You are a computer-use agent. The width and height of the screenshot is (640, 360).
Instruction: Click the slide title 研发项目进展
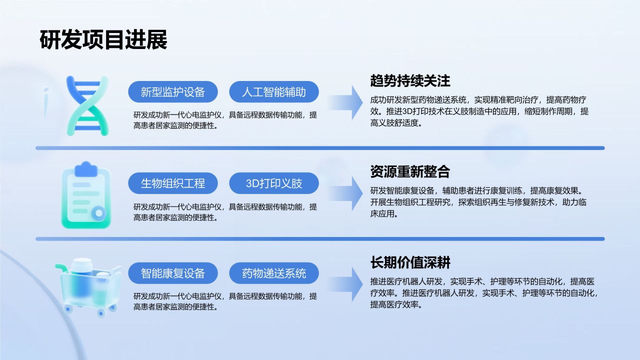103,40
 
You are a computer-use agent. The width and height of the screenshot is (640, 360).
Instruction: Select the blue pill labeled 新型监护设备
173,92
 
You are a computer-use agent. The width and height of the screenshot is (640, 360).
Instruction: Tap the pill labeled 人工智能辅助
274,92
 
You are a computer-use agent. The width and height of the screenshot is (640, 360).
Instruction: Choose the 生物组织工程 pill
173,183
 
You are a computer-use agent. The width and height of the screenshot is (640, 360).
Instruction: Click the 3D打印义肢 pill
274,183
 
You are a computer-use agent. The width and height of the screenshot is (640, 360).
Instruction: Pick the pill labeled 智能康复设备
173,273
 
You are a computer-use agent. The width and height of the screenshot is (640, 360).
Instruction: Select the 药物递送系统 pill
274,273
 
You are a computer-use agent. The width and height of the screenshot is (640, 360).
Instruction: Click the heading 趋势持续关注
410,80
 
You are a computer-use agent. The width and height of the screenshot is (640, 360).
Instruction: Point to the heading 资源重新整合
410,171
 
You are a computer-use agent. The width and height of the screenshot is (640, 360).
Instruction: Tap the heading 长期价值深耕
410,262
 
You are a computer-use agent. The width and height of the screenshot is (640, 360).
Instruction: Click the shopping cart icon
88,287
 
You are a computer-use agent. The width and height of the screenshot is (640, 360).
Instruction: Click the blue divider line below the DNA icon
320,148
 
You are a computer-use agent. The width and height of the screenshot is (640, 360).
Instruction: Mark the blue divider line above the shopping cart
320,239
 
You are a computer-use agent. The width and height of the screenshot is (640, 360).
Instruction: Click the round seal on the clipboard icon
99,213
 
